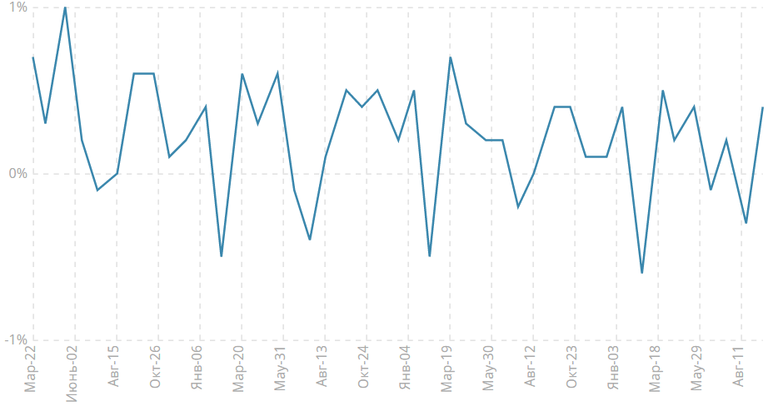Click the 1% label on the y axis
point(17,7)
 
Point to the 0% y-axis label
point(17,174)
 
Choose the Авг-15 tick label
point(114,368)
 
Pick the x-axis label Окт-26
point(156,368)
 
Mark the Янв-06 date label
point(197,368)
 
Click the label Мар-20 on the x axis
point(239,368)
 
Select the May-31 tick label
point(281,368)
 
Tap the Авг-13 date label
point(322,368)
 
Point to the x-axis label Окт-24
point(364,368)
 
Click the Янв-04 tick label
point(406,368)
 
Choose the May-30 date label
point(489,368)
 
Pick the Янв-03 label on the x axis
point(614,368)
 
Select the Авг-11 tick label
point(739,368)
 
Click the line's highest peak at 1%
point(65,7)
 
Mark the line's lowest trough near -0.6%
point(641,273)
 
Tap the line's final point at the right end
point(762,107)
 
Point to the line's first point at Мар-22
point(32,57)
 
